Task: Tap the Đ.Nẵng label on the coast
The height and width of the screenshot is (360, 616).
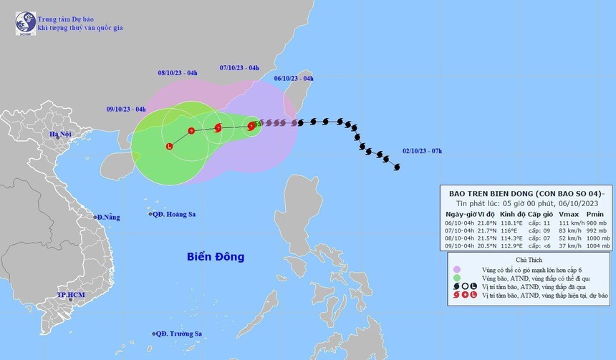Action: [107, 217]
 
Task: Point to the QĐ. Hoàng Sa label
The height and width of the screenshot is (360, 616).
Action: [175, 214]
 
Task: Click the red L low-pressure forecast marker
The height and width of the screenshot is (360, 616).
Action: [169, 147]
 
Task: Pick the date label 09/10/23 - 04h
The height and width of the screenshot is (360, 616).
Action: [126, 109]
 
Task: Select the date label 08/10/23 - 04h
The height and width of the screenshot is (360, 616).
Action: [178, 73]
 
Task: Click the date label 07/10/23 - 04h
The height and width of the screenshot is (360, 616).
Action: [239, 68]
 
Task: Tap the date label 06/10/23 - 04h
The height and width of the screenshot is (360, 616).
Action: [294, 78]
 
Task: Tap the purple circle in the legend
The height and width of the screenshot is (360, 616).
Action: [456, 270]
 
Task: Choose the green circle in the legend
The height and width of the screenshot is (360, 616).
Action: [456, 278]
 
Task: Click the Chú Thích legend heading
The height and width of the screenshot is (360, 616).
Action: [528, 261]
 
